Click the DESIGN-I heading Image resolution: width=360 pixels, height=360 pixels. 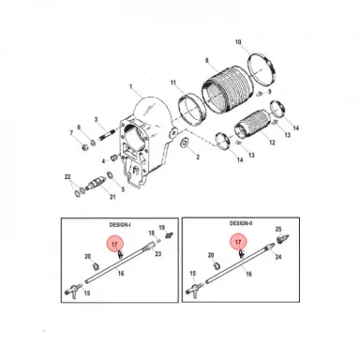pyautogui.click(x=121, y=226)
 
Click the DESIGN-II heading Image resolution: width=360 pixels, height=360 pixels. pyautogui.click(x=243, y=226)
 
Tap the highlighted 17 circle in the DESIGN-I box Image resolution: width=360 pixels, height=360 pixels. pyautogui.click(x=115, y=245)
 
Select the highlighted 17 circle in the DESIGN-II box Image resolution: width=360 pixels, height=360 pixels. pyautogui.click(x=238, y=243)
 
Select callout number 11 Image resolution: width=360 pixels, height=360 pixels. pyautogui.click(x=172, y=83)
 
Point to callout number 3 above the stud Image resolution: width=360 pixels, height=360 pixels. pyautogui.click(x=96, y=120)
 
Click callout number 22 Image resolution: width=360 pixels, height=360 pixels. pyautogui.click(x=67, y=176)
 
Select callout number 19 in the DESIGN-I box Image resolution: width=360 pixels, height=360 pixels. pyautogui.click(x=160, y=228)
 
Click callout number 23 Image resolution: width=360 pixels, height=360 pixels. pyautogui.click(x=158, y=254)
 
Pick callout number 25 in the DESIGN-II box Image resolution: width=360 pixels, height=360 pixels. pyautogui.click(x=278, y=229)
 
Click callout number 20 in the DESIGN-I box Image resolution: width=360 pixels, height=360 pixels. pyautogui.click(x=88, y=257)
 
